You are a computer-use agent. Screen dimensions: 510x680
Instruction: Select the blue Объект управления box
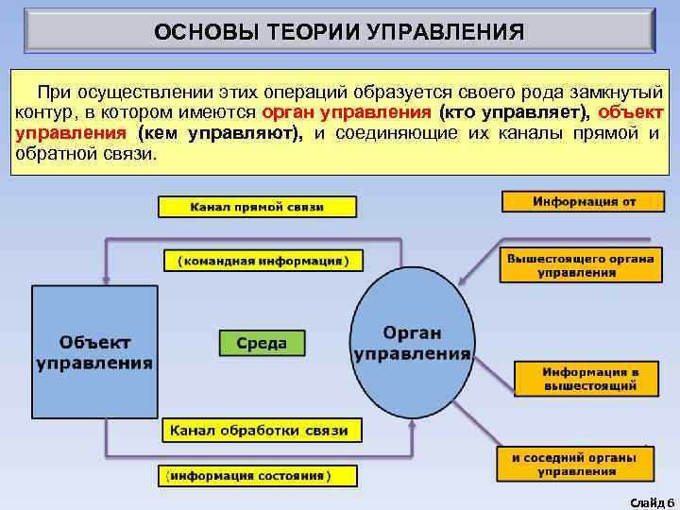coord(94,351)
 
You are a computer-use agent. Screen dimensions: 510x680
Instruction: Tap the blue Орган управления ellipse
coord(412,343)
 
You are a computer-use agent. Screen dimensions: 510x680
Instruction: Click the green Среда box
coord(262,343)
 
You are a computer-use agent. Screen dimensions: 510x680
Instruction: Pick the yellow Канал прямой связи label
coord(257,207)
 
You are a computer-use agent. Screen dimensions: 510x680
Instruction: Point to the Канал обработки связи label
coord(260,431)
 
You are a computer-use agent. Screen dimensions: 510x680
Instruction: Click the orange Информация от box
coord(584,202)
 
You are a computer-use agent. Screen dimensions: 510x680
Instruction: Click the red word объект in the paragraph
coord(630,113)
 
